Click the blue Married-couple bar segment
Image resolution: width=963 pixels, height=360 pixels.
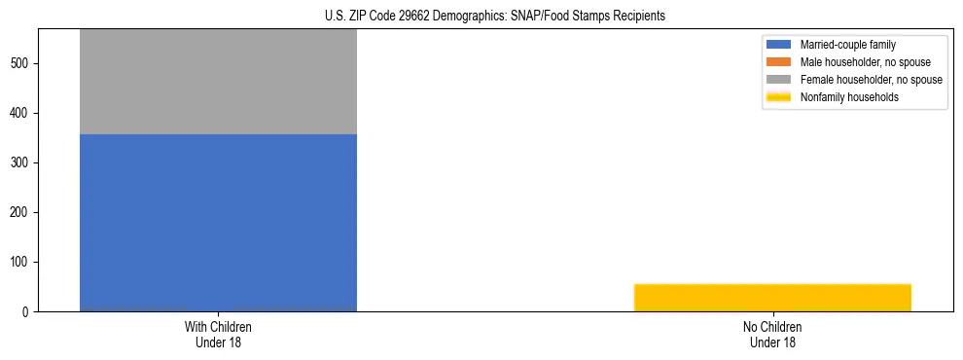coord(218,223)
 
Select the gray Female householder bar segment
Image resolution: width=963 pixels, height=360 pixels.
coord(218,82)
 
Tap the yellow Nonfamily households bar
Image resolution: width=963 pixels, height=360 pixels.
coord(772,298)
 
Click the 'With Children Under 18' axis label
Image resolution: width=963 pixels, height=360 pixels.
coord(218,335)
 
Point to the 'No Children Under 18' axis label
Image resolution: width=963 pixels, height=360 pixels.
coord(772,335)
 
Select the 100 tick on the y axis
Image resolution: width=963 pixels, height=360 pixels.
coord(20,263)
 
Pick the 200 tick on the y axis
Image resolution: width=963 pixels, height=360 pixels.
coord(20,213)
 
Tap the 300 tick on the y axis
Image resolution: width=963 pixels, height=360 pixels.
coord(20,163)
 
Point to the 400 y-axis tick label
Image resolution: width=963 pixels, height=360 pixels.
coord(20,114)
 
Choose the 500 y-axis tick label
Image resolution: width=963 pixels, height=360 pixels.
coord(20,64)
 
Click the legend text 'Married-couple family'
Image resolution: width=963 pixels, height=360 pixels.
coord(848,45)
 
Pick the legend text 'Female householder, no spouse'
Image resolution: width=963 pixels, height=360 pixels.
coord(871,80)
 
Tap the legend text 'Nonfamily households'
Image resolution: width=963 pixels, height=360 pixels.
coord(849,97)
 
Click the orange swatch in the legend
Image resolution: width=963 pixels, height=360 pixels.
coord(779,62)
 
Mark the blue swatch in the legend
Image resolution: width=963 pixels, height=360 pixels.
coord(779,45)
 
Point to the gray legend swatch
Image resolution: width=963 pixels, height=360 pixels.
coord(779,80)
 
